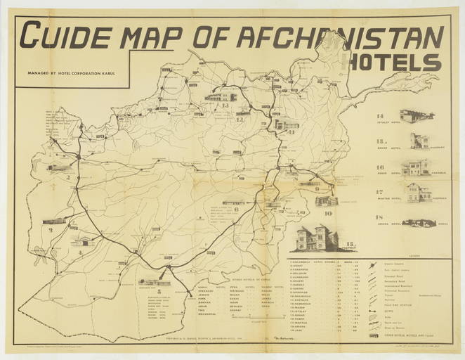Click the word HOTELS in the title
click(397, 63)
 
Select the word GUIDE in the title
click(67, 34)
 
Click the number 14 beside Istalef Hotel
click(380, 115)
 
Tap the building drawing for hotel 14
click(417, 116)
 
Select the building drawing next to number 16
click(416, 167)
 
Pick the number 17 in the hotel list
click(380, 192)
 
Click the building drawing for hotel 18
click(419, 223)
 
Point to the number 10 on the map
click(328, 212)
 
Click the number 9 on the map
click(317, 188)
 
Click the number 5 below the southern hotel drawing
click(160, 290)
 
